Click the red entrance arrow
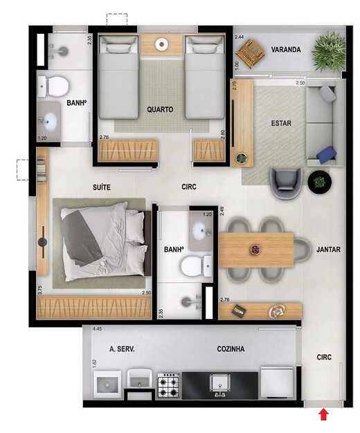(324, 415)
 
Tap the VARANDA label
(286, 50)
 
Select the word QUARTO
(160, 109)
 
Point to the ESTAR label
(281, 123)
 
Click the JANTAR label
(328, 250)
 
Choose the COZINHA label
(231, 349)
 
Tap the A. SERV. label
(122, 349)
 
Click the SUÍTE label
(102, 187)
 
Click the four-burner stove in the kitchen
(168, 385)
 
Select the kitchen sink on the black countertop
(220, 383)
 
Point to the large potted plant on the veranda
(329, 52)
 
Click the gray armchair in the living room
(286, 183)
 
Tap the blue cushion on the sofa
(327, 155)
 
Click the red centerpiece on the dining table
(255, 250)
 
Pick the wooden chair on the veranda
(251, 53)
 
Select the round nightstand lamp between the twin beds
(161, 44)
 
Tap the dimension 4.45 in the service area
(98, 329)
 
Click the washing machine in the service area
(107, 384)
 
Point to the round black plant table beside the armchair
(320, 182)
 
